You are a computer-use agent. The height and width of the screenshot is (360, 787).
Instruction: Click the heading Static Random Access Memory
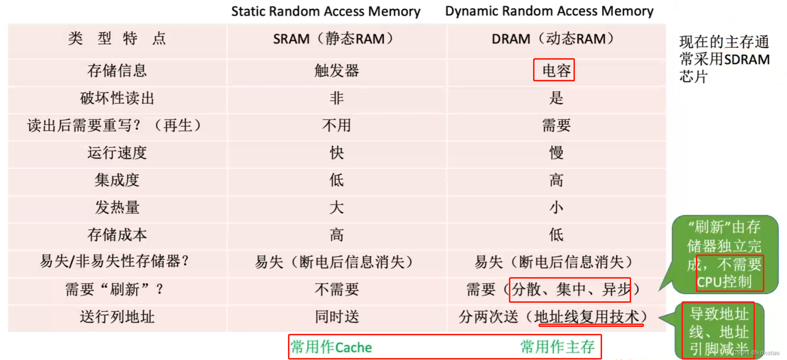coord(325,11)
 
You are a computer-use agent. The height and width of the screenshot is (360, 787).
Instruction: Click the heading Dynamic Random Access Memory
coord(549,11)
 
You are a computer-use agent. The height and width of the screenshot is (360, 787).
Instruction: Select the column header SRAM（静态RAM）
coord(334,38)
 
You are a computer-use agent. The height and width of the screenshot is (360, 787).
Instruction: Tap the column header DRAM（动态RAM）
coord(553,38)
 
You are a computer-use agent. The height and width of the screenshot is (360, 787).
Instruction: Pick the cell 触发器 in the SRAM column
coord(336,71)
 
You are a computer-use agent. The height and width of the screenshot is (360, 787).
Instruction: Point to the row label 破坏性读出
coord(117,98)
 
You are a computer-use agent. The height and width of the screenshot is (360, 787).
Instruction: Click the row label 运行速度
coord(117,153)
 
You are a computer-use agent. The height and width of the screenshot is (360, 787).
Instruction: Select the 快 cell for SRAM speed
coord(336,153)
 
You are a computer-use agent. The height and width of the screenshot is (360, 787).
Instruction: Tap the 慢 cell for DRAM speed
coord(556,153)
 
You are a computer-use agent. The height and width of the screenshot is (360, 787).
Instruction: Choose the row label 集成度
coord(117,180)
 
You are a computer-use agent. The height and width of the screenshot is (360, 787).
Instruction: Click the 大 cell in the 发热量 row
coord(336,208)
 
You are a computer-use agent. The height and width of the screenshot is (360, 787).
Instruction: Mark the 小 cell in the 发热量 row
coord(556,208)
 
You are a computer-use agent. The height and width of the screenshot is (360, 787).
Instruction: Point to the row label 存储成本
coord(117,235)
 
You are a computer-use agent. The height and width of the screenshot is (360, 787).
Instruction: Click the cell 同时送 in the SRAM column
coord(336,317)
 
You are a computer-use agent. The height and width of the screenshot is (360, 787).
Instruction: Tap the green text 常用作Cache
coord(331,347)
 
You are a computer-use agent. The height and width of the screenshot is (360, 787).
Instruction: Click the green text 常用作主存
coord(557,347)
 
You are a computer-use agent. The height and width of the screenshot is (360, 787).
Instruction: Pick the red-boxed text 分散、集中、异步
coord(571,289)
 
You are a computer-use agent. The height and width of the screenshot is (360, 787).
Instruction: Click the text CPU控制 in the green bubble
coord(724,282)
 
